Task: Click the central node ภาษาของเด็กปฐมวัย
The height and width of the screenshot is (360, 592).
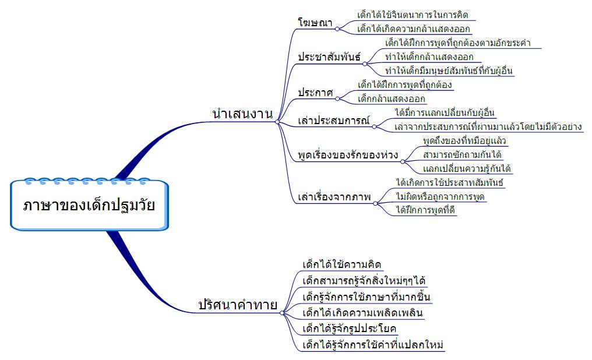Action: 89,205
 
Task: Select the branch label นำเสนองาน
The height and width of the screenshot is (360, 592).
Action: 243,115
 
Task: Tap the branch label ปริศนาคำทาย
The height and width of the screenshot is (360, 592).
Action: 237,304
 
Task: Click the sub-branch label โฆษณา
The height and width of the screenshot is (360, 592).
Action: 315,23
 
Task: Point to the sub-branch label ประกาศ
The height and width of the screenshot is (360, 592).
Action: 315,93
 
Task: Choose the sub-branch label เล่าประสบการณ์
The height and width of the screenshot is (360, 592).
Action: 334,121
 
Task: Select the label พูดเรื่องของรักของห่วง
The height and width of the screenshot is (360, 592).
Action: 348,156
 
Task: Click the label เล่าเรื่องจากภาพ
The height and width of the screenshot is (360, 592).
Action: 334,197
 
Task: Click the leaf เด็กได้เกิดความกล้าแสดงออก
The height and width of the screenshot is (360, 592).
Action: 413,29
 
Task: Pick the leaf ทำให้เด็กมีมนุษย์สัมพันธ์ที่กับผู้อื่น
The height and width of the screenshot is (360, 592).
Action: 449,71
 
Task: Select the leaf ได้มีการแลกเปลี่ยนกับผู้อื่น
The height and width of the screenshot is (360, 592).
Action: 445,112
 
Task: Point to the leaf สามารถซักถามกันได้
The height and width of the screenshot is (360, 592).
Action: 462,155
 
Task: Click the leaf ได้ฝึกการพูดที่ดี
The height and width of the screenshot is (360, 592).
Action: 425,210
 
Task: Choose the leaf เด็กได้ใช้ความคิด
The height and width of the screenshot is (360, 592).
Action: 342,265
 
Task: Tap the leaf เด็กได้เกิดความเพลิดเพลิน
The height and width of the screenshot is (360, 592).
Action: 362,313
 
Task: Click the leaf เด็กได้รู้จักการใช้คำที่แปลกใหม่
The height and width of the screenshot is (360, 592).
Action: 373,345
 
